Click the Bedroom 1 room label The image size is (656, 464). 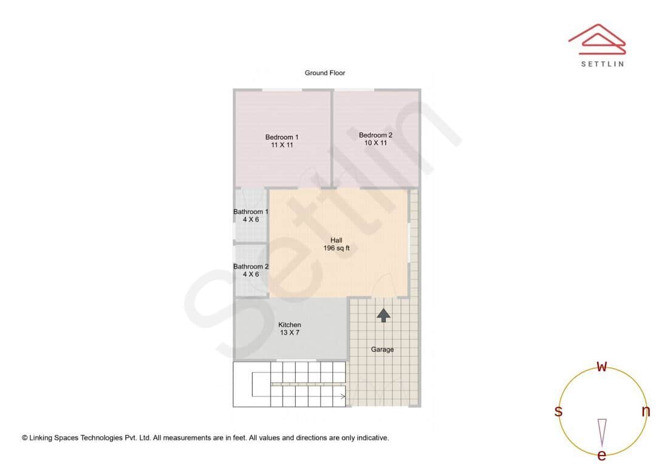coord(282,137)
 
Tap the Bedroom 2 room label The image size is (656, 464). coord(375,135)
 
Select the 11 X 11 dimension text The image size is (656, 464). coord(282,145)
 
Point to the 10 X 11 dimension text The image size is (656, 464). coord(375,143)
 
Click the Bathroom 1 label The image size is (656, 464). coord(251,212)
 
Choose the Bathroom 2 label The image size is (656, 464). coord(251,267)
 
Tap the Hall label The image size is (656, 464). coord(336,241)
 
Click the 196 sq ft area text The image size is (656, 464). coord(336,248)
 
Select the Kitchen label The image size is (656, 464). coord(290,325)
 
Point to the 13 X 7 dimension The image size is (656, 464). coord(290,333)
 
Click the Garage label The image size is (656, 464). coord(382,349)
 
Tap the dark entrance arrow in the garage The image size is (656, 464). coord(383,315)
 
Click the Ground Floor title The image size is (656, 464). coord(325,73)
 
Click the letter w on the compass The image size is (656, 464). coord(602,367)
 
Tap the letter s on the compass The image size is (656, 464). coord(558,411)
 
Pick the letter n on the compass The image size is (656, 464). coord(646,411)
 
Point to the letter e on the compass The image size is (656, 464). coord(602,455)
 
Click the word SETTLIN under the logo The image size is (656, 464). coord(602,64)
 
